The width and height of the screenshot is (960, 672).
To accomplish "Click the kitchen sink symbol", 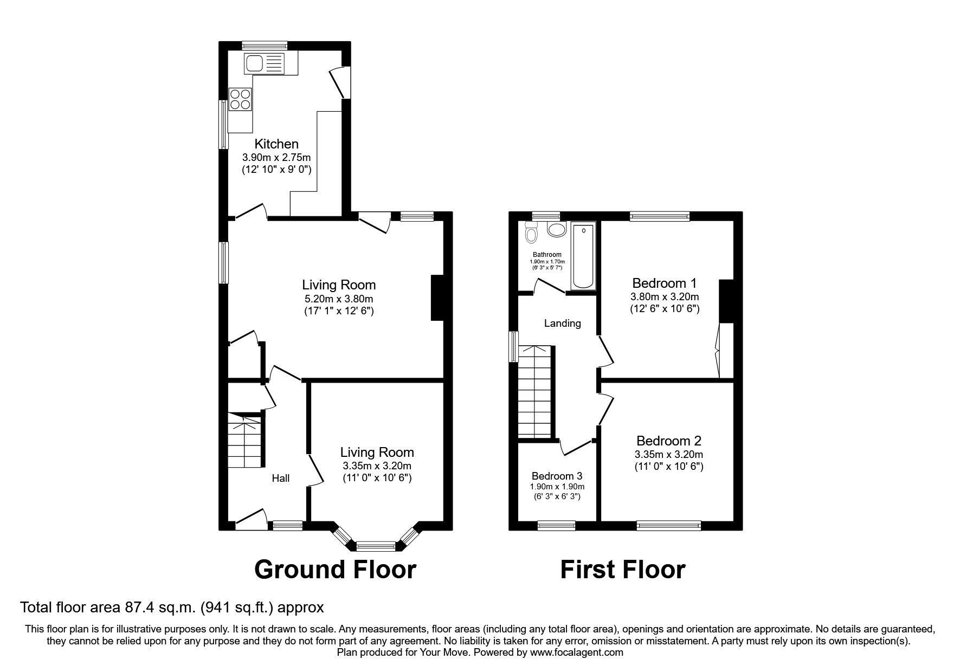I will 264,63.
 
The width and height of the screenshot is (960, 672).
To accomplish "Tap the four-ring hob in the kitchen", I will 240,99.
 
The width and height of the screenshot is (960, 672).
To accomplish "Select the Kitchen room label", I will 276,144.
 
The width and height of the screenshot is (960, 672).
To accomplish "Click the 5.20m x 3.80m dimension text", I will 338,299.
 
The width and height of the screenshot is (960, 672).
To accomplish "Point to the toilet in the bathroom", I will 531,235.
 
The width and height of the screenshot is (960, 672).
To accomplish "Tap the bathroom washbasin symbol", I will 556,229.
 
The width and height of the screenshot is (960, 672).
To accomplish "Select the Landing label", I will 562,323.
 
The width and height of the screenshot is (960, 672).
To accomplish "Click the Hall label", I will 280,478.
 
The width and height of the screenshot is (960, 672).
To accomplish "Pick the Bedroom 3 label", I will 557,476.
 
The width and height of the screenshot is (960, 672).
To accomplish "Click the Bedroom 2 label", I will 668,441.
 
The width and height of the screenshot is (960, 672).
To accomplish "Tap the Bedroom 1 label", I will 664,283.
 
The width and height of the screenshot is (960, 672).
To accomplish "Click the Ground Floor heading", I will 335,570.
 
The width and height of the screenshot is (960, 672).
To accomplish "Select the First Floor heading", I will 622,570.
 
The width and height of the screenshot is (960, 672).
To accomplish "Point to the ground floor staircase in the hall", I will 244,442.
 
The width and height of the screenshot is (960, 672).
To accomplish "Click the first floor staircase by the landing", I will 534,391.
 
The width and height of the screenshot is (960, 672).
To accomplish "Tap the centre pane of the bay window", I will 376,545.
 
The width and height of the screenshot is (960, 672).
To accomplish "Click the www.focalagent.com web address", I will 576,652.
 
